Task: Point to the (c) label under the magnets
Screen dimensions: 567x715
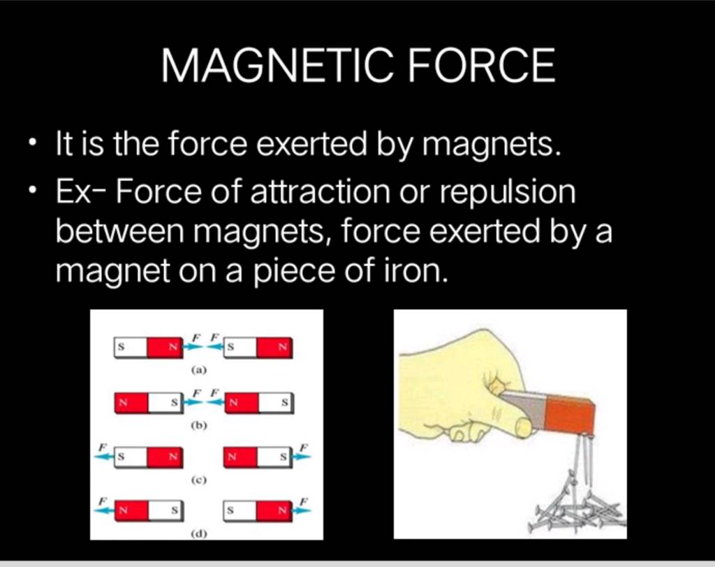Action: tap(199, 480)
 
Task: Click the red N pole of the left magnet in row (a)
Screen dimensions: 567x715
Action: tap(165, 347)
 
